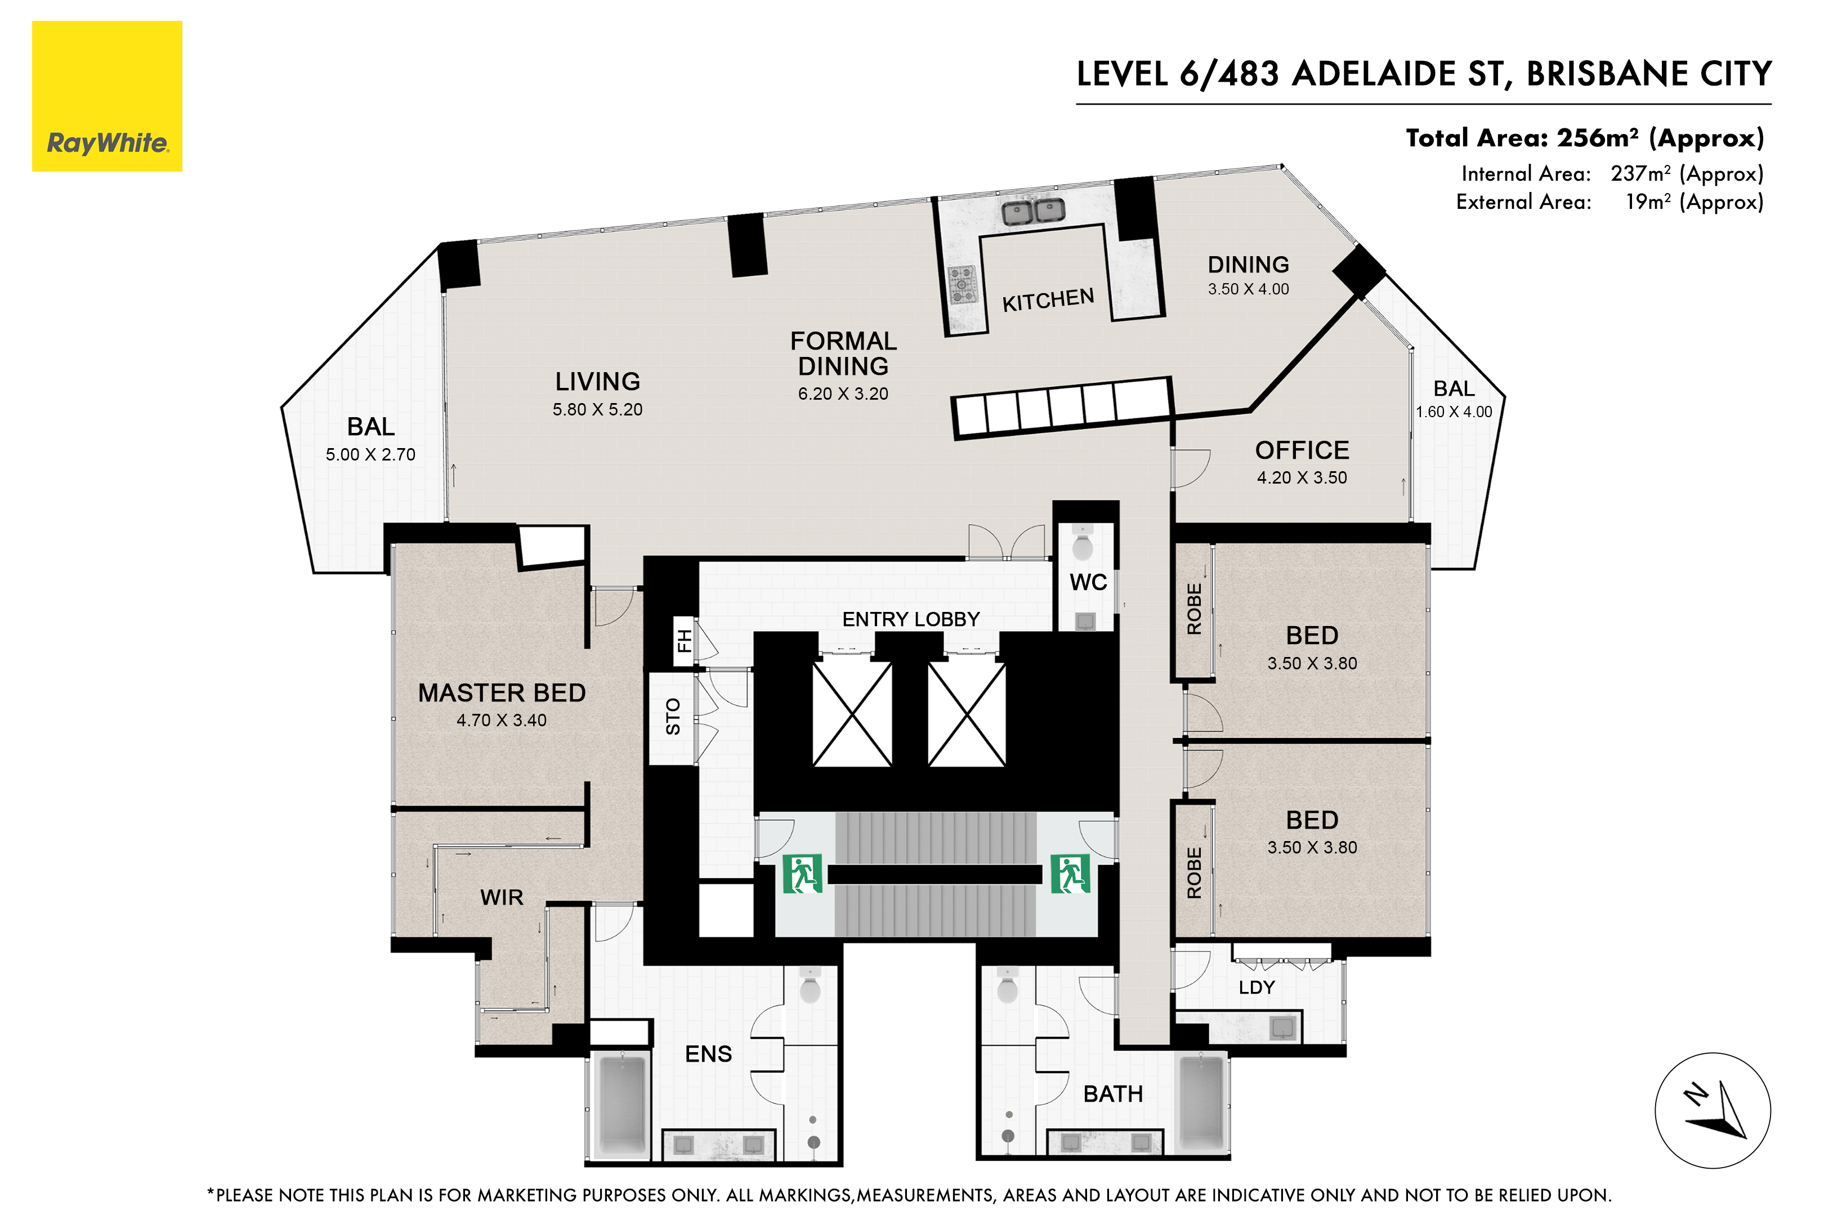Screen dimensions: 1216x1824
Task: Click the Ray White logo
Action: pos(107,96)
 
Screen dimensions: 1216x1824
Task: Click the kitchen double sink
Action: pos(1033,210)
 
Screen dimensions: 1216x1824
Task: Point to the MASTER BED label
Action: pos(502,692)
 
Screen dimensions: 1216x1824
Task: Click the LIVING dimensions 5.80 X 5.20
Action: pos(597,409)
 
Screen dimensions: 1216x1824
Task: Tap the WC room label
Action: pos(1088,583)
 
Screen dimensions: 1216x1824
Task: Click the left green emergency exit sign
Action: pos(802,874)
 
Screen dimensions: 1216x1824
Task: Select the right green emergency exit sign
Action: pos(1070,874)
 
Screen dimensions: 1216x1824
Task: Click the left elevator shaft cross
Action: pos(852,713)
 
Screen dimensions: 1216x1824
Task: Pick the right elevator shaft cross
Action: pos(966,713)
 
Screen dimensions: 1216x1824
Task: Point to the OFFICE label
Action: pos(1302,450)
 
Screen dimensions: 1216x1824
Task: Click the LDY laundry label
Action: pos(1257,987)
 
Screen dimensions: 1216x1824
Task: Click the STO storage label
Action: pos(672,717)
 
